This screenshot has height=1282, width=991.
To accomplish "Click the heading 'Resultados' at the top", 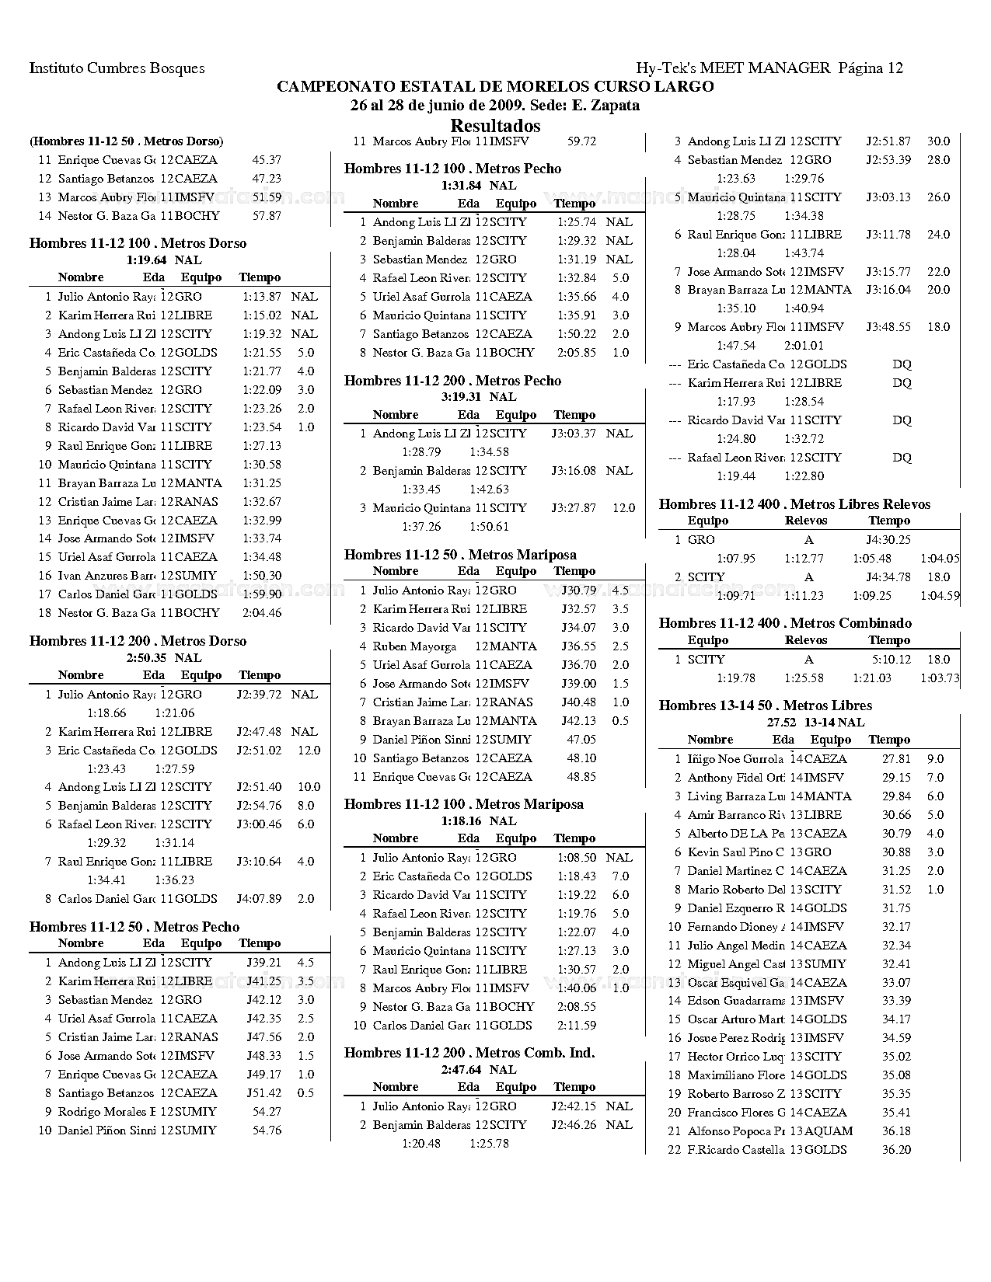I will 495,126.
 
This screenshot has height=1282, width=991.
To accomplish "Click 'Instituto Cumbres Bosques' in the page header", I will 117,68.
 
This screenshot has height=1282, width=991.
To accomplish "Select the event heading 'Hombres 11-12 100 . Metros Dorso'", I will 138,243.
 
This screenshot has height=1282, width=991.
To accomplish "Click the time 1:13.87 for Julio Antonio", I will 262,297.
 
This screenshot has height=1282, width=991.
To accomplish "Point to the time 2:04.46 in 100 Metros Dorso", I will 262,613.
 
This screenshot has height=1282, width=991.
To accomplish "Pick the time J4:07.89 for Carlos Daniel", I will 259,899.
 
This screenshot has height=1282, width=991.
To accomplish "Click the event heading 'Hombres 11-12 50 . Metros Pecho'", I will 134,927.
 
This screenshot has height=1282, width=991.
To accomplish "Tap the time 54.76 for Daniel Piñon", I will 267,1130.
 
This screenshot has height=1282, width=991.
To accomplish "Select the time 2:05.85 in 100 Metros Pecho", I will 577,353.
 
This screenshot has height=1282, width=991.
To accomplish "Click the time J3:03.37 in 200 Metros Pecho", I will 574,434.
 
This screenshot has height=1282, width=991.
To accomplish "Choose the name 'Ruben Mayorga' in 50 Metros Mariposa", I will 414,646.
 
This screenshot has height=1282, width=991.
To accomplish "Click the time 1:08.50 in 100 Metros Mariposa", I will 577,858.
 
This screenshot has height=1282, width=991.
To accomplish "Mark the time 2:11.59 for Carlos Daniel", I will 577,1026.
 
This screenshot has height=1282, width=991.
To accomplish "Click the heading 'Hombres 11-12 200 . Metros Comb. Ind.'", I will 469,1053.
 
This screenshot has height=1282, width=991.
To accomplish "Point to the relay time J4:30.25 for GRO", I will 888,540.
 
